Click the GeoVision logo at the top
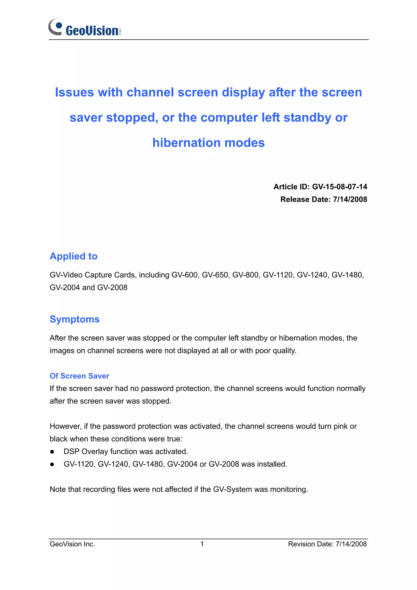(85, 28)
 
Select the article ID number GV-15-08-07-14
(339, 187)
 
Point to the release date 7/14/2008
(350, 199)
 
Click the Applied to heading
(74, 256)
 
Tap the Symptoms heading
(75, 319)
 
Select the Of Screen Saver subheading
(79, 376)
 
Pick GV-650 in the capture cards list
(215, 275)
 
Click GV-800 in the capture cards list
(245, 275)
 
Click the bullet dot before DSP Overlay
(52, 452)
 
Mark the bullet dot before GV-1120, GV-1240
(52, 464)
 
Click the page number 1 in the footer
(202, 544)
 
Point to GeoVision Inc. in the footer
(72, 544)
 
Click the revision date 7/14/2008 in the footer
(351, 544)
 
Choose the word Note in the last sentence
(58, 489)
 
